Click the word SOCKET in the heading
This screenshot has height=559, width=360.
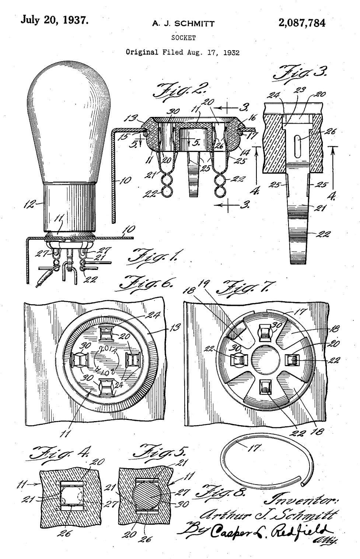click(183, 38)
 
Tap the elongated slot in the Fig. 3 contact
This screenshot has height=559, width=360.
click(298, 142)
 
